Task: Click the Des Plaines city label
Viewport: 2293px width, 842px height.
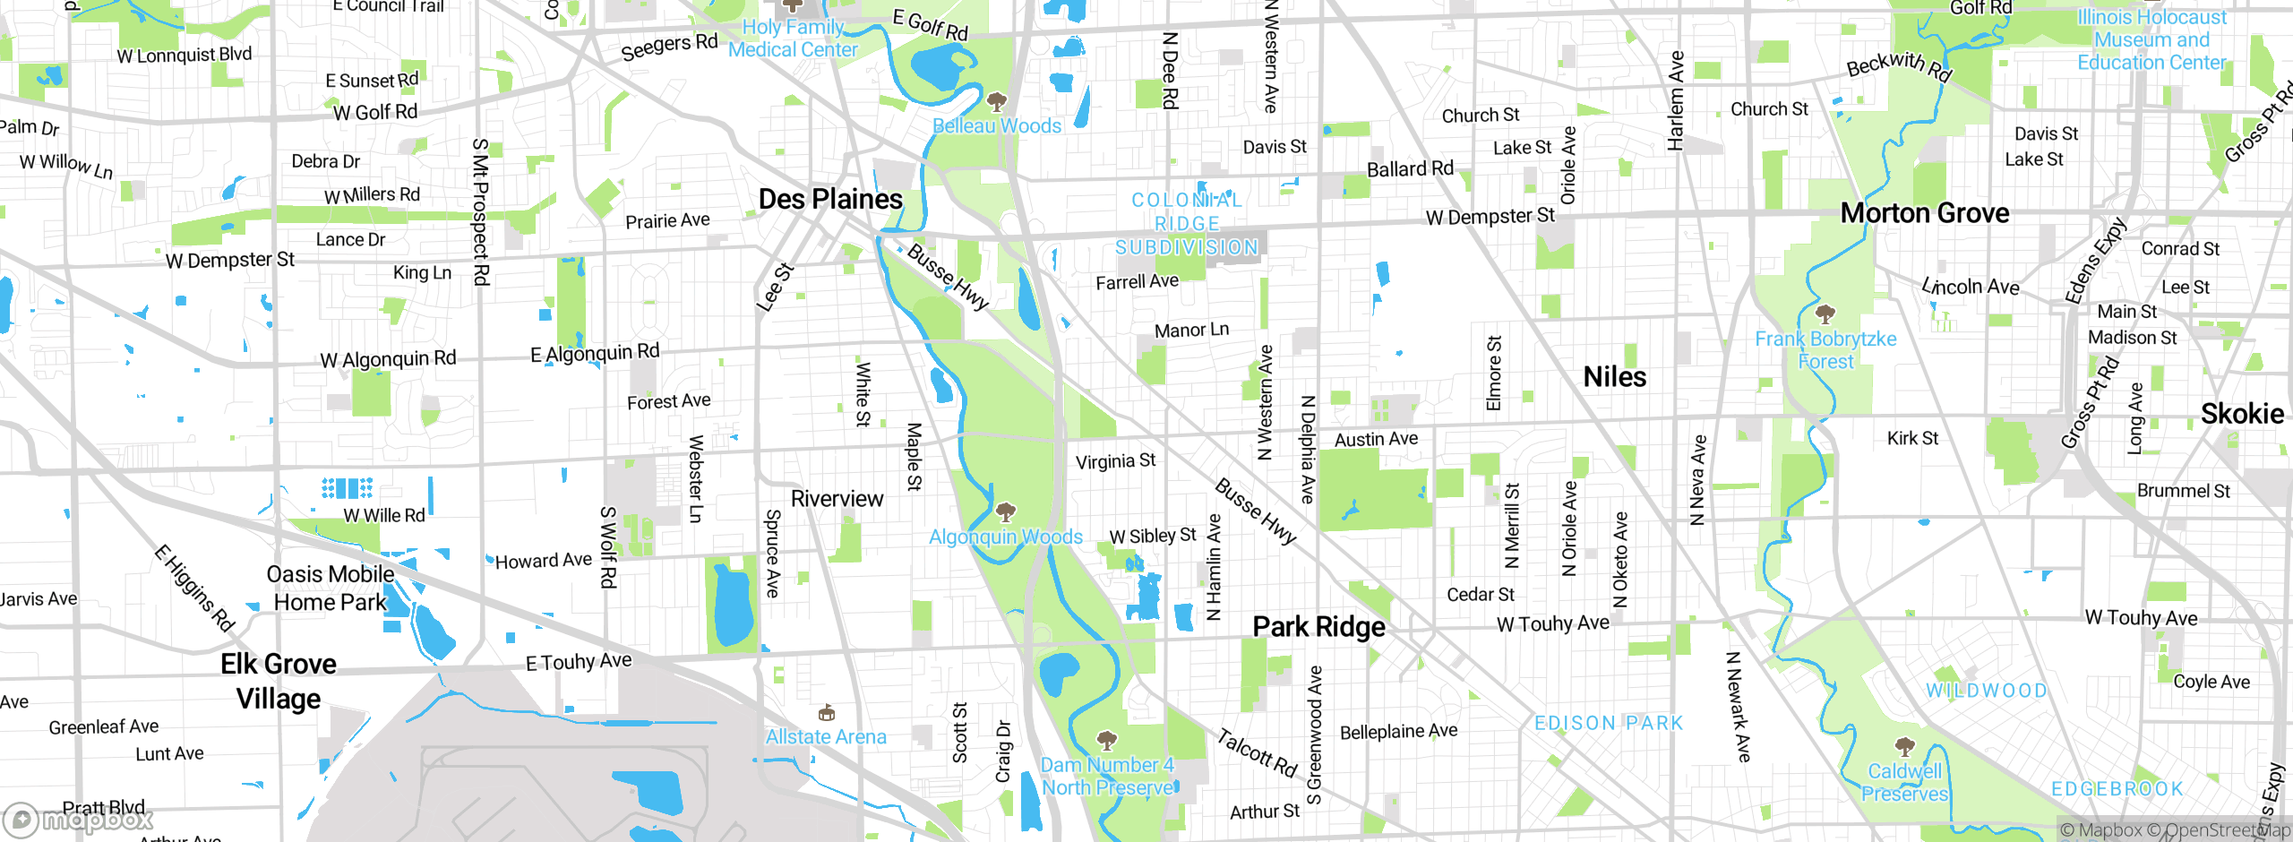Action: [830, 199]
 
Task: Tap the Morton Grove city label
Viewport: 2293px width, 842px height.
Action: [1924, 213]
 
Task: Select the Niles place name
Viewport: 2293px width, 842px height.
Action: [1614, 377]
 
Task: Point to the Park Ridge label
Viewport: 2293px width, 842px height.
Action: [1318, 627]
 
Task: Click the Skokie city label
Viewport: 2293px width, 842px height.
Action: [2242, 414]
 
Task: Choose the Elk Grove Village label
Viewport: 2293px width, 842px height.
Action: [279, 681]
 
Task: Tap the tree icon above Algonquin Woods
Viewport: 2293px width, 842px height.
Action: [1006, 511]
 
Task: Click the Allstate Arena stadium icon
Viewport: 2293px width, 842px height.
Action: [826, 713]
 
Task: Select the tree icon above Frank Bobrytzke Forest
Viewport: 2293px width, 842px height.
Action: [1825, 314]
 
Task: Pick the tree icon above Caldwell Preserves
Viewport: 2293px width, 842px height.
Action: [1904, 746]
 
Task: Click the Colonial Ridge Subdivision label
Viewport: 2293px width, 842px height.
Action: [1187, 224]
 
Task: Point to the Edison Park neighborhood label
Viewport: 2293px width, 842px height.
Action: [1609, 723]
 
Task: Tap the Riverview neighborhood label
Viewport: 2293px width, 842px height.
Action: [837, 499]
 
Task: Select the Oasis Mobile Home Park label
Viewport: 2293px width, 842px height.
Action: [331, 589]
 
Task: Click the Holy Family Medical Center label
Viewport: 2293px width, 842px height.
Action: [793, 39]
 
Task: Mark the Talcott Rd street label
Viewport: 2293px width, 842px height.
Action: [1257, 752]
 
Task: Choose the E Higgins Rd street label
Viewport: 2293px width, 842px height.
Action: [194, 589]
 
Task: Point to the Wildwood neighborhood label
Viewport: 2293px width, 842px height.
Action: [1987, 691]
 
